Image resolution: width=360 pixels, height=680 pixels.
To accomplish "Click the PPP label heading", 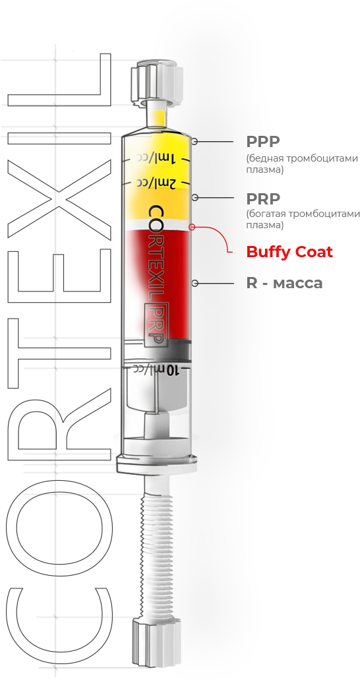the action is coord(263,141).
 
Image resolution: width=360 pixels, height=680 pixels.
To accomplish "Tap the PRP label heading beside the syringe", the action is coord(263,199).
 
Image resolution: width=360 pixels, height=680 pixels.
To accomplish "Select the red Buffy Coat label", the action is coord(289,251).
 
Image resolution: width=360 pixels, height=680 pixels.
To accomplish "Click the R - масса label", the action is coord(285,283).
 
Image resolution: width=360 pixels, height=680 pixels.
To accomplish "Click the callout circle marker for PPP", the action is coord(195,141).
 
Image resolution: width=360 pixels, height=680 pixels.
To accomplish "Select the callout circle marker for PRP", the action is coord(195,198).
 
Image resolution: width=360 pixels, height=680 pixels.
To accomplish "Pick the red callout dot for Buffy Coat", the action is coord(192,226).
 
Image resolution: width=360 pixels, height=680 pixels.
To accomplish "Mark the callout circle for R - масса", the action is coord(195,283).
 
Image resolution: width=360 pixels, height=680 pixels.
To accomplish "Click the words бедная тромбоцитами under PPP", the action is coord(303,158).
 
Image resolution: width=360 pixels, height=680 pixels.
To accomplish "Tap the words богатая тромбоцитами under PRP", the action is coord(303,214).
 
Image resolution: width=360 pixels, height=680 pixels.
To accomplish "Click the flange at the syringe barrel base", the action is coord(157,463).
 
